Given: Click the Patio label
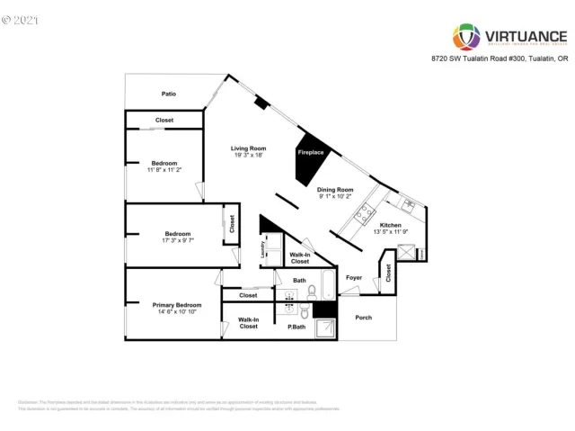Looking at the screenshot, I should [x=168, y=94].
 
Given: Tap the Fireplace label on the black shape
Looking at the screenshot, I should [x=311, y=153].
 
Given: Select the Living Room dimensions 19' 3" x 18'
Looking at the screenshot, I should [x=248, y=155].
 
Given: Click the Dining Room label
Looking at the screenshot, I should [x=334, y=190].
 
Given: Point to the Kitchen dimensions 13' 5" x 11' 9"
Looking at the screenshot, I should [x=390, y=231].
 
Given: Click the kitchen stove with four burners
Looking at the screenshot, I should [x=366, y=213].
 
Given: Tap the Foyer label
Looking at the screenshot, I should [x=354, y=277].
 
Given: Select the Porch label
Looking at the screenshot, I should [x=364, y=318].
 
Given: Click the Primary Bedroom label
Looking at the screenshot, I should [x=176, y=305].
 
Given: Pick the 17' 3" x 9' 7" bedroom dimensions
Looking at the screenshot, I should [x=177, y=241].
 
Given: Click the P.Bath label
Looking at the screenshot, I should [x=297, y=327].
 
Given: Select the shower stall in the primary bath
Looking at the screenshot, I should [x=327, y=328].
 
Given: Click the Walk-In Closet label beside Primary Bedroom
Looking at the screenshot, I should [x=248, y=323].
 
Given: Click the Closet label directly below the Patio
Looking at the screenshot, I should [x=164, y=120].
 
